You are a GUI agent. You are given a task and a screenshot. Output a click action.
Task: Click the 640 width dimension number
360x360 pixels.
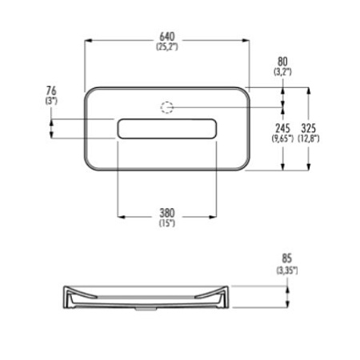pyautogui.click(x=167, y=36)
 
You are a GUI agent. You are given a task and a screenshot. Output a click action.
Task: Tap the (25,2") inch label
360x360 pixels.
pyautogui.click(x=167, y=46)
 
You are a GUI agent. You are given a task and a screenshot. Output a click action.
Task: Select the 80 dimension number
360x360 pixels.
pyautogui.click(x=282, y=62)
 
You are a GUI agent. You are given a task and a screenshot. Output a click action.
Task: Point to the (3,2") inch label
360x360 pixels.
pyautogui.click(x=282, y=71)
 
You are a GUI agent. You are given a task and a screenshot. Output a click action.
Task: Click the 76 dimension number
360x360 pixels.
pyautogui.click(x=51, y=90)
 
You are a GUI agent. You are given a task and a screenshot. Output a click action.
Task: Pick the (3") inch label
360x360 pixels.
pyautogui.click(x=51, y=101)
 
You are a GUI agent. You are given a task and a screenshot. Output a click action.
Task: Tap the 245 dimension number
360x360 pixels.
pyautogui.click(x=282, y=128)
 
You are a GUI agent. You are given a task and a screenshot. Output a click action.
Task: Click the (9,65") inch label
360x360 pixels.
pyautogui.click(x=282, y=138)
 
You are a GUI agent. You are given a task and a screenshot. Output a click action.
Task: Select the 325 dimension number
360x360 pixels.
pyautogui.click(x=309, y=128)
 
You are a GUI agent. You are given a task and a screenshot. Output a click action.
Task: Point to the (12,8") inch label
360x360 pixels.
pyautogui.click(x=309, y=138)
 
